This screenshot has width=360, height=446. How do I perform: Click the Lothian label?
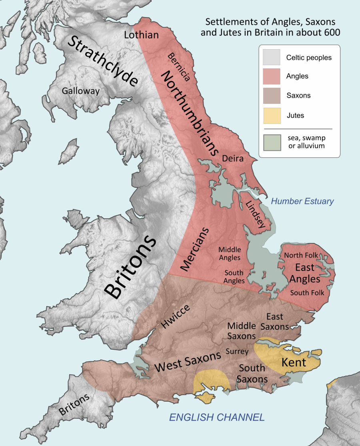[141, 35]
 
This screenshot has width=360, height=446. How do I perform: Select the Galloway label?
[80, 91]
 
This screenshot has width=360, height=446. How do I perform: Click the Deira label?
[232, 159]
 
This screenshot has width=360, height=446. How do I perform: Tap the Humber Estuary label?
[302, 201]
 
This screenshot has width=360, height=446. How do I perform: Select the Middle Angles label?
[229, 254]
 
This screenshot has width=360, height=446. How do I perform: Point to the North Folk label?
[300, 255]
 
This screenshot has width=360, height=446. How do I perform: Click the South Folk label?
[307, 293]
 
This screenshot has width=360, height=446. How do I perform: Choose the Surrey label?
[237, 352]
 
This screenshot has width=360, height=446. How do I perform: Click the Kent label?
[294, 362]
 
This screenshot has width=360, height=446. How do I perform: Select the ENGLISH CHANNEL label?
[217, 418]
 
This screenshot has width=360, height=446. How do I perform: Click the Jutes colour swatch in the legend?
[272, 115]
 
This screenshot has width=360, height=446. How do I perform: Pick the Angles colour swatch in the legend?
[272, 76]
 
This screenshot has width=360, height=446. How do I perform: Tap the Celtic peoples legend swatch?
[272, 57]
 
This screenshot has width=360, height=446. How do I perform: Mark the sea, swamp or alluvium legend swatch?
[272, 142]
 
